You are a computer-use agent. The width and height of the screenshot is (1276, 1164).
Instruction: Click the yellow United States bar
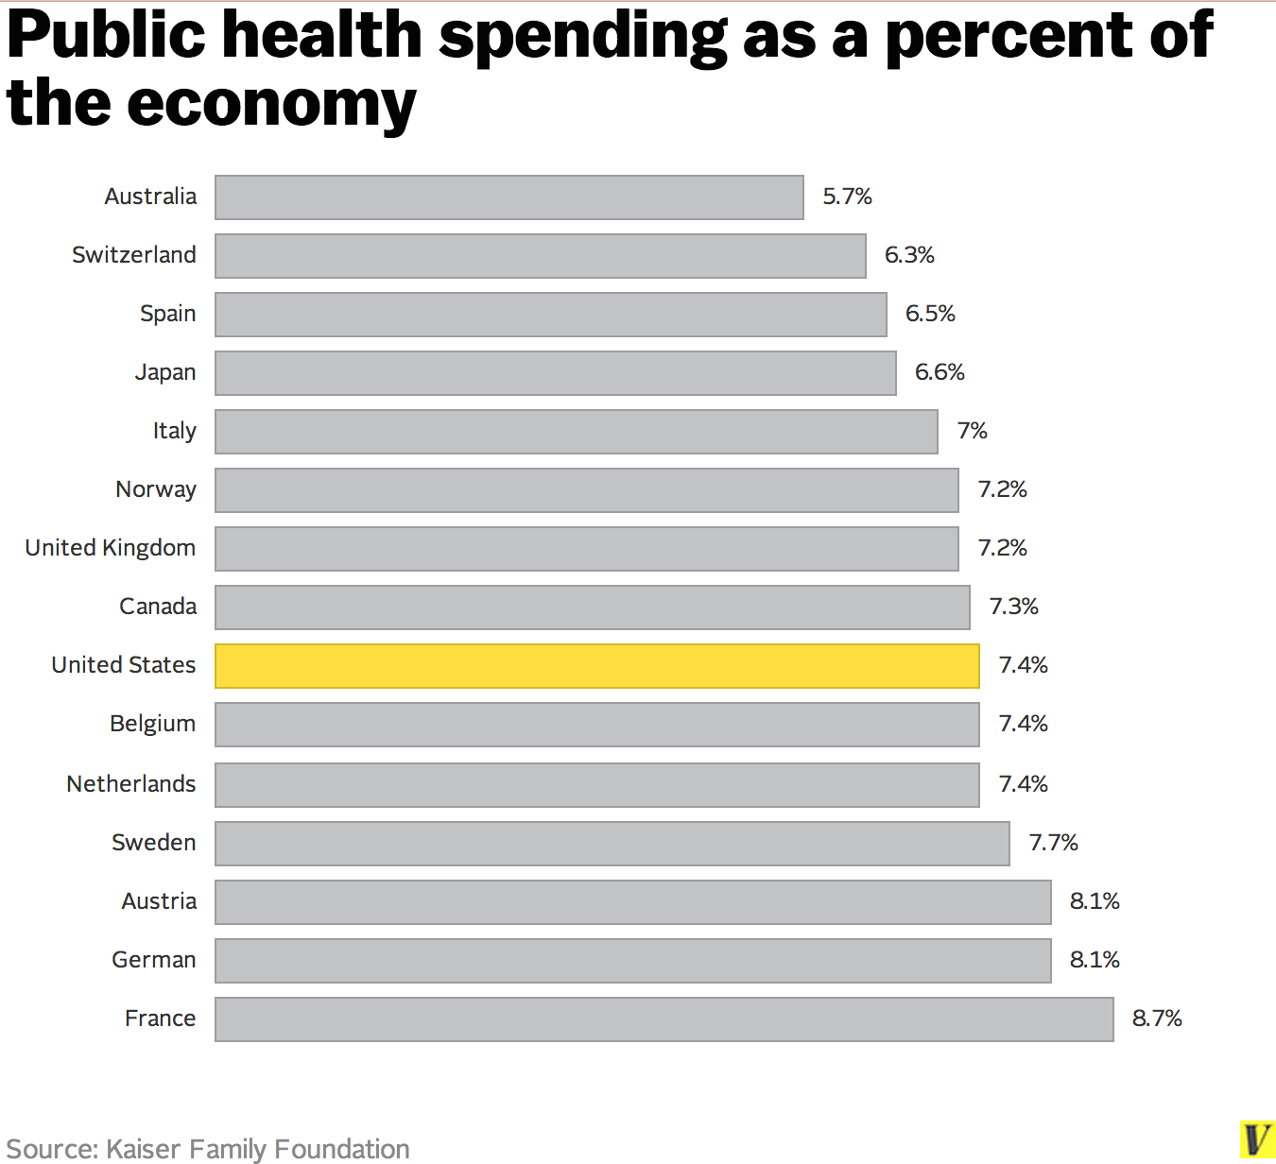coord(597,666)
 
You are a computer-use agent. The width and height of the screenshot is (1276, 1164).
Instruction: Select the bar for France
coord(664,1019)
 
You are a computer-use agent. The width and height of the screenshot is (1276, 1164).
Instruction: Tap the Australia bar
coord(509,197)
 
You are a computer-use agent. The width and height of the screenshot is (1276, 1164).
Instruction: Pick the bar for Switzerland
coord(540,256)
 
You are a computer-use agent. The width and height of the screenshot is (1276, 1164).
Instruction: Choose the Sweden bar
coord(612,844)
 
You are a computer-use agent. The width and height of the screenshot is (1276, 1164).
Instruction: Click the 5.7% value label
coord(847,197)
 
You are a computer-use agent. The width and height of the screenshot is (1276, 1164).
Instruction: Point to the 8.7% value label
coord(1157,1018)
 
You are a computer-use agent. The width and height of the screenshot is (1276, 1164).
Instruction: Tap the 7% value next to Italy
coord(972,431)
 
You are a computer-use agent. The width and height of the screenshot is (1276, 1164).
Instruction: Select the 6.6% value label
coord(940,372)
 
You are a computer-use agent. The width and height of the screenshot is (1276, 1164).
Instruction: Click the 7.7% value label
coord(1053,843)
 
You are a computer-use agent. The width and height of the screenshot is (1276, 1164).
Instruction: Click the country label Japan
coord(165,372)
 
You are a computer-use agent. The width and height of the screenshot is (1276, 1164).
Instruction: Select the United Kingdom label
coord(111,548)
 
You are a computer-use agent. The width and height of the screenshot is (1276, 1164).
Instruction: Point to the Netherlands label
coord(131,784)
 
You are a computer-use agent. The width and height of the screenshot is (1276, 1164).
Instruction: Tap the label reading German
coord(154,960)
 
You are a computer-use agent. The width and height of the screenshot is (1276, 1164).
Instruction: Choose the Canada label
coord(158,607)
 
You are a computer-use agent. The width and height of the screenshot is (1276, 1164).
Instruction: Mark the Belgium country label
coord(153,724)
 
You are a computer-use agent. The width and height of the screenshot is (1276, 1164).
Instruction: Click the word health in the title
coord(322,35)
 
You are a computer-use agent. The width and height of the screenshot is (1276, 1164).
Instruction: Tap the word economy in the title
coord(271,103)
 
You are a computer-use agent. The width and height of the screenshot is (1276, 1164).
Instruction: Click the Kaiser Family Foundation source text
coord(257,1149)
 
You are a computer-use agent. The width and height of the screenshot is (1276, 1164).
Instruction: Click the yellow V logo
coord(1256,1138)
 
